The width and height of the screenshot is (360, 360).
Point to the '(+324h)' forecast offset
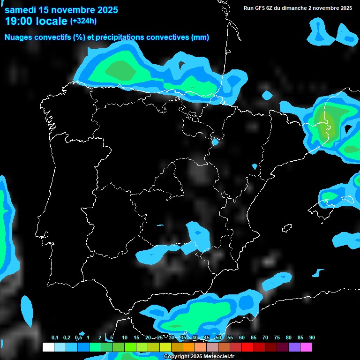[x=83, y=21]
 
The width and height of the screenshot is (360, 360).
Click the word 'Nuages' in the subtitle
[x=19, y=37]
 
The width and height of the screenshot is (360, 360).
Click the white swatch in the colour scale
[x=48, y=347]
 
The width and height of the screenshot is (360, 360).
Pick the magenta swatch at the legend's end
[x=306, y=347]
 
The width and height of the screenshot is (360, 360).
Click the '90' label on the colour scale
[x=312, y=337]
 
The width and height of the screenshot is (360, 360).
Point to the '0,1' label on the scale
[x=55, y=337]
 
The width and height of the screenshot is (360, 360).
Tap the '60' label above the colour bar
[x=242, y=337]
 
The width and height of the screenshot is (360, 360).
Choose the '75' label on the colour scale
[x=277, y=337]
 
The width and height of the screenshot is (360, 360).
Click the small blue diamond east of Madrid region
[x=255, y=166]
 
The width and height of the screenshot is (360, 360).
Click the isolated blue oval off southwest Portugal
[x=27, y=311]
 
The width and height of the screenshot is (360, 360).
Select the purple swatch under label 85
[x=294, y=347]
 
